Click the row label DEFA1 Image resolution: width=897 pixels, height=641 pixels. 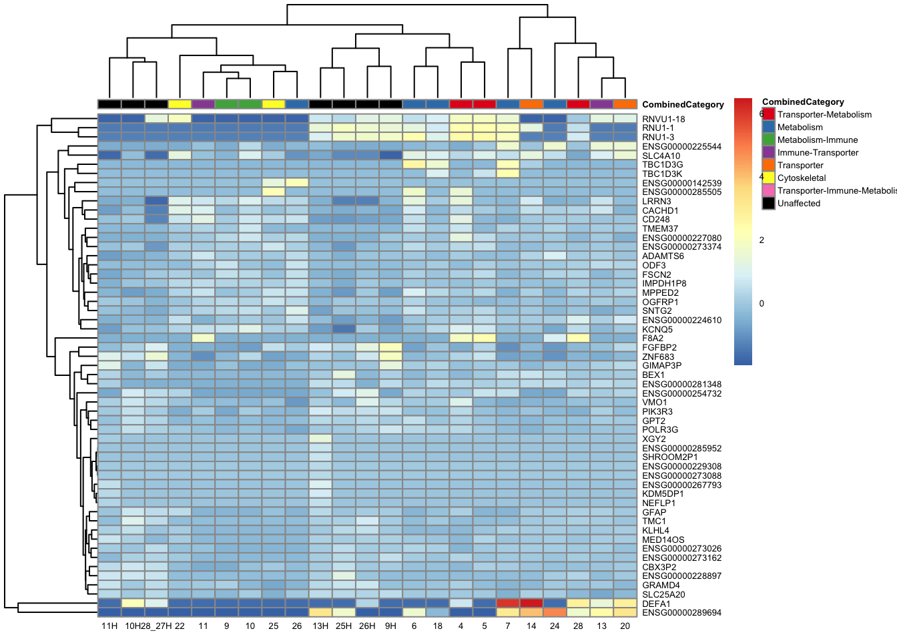coord(656,604)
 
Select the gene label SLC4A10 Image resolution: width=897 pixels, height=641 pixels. coord(661,156)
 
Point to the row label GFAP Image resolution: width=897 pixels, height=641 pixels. coord(654,512)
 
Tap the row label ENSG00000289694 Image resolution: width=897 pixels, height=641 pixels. coord(681,612)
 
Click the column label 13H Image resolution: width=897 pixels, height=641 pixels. coord(320,626)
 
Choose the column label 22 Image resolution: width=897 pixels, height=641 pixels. coord(180,626)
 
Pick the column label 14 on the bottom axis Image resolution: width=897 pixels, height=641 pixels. coord(531,626)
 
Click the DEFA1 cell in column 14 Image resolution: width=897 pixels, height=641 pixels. coord(531,604)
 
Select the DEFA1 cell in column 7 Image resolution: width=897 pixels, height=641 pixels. coord(508,604)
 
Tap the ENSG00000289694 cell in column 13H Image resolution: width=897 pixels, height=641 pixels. coord(320,612)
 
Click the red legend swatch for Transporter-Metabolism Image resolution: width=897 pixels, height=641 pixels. coord(769,114)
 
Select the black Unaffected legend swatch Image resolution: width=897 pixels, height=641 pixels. coord(769,203)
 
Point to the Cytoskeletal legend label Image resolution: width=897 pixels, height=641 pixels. coord(802,178)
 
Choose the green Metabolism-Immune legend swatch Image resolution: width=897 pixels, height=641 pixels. coord(769,140)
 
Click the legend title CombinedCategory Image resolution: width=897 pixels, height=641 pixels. coord(803,101)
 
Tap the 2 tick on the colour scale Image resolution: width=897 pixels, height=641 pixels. coord(762,240)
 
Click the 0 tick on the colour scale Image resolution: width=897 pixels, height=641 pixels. coord(762,303)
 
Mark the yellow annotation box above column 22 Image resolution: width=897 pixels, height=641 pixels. coord(180,104)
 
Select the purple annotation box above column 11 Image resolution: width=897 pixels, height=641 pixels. coord(203,104)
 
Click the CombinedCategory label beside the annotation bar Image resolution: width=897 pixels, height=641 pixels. coord(683,104)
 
